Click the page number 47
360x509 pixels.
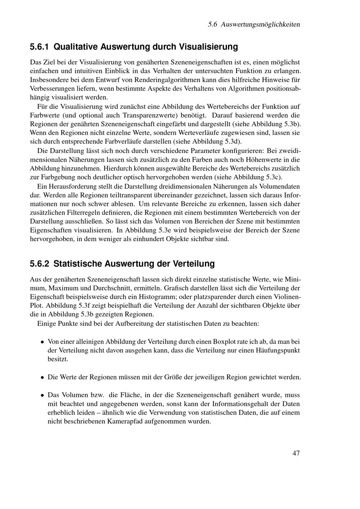[296, 453]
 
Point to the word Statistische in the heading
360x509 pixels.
[77, 263]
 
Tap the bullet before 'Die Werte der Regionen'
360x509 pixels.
[42, 378]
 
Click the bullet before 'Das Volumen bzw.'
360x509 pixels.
[42, 395]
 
